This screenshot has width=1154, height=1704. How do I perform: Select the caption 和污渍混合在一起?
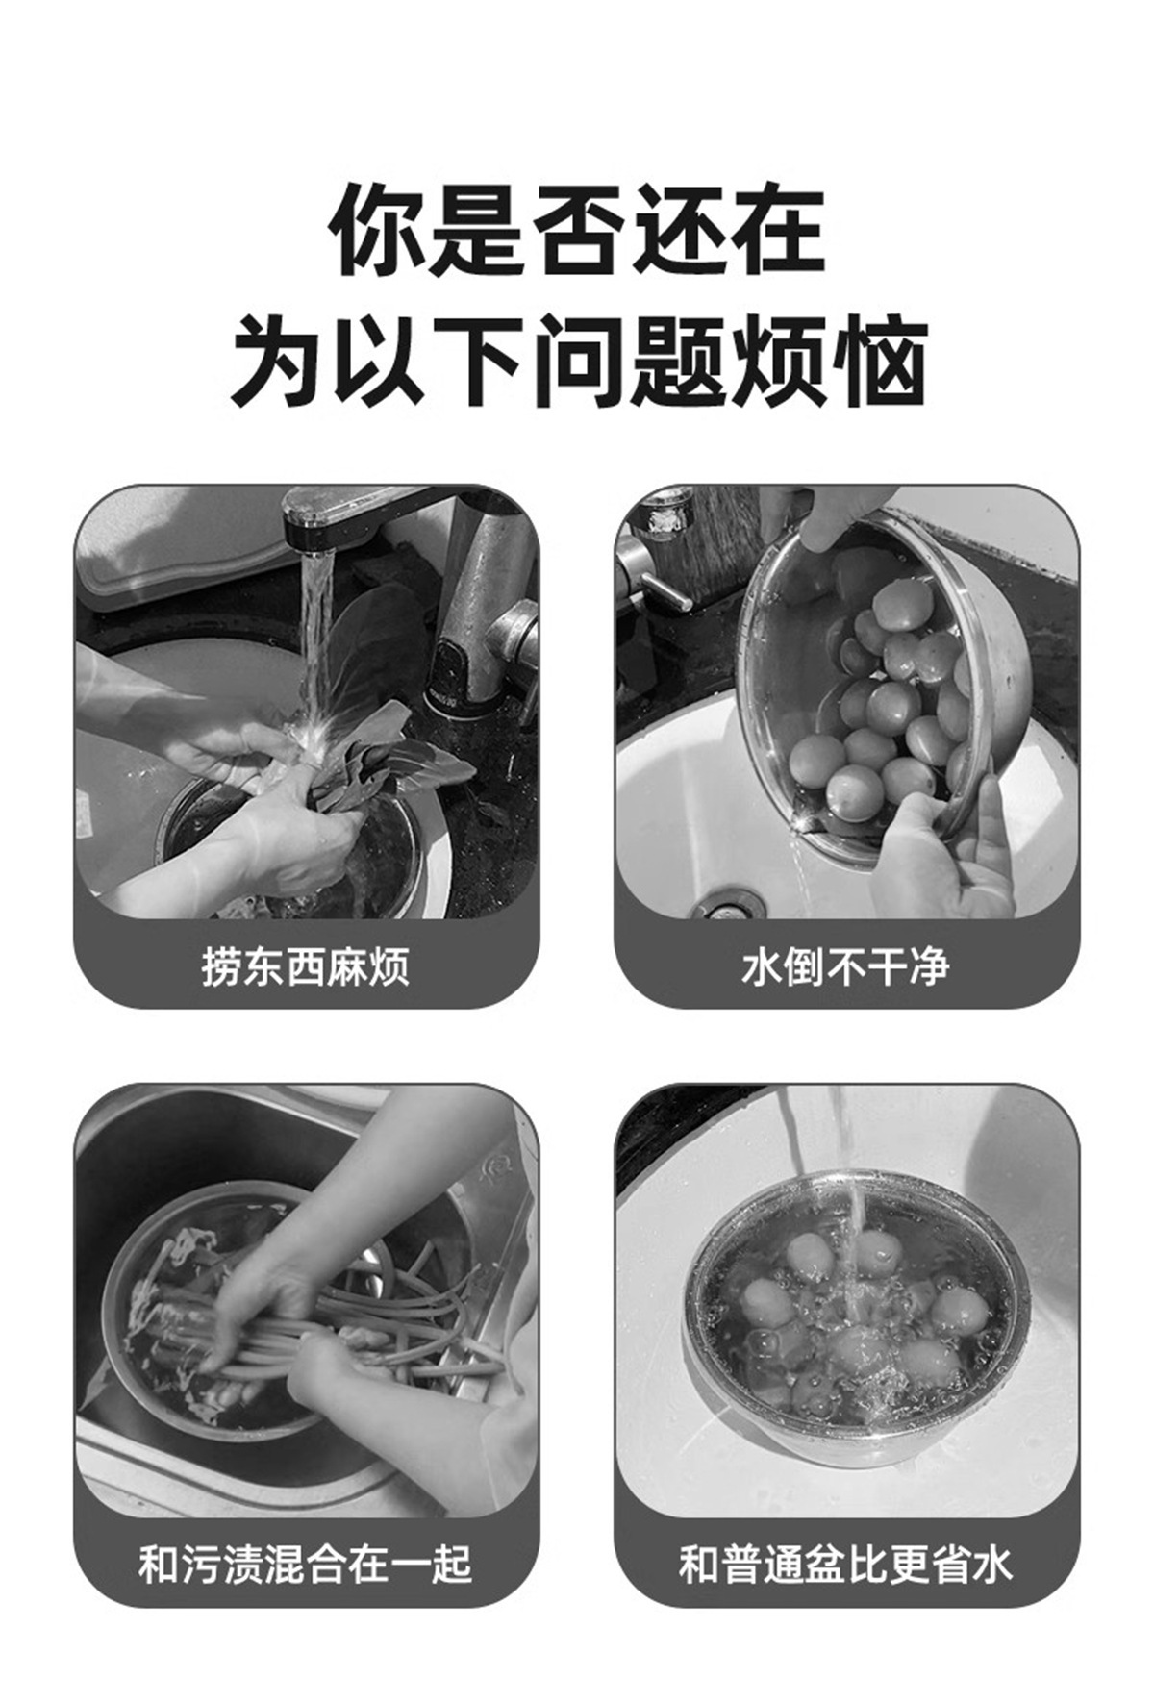pos(306,1565)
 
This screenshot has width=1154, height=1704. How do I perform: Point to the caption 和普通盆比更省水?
pos(845,1565)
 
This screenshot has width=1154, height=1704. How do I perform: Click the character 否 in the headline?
pos(577,231)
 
